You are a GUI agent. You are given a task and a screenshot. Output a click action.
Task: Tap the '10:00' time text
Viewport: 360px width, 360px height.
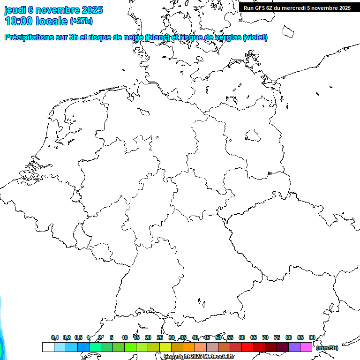click(19, 21)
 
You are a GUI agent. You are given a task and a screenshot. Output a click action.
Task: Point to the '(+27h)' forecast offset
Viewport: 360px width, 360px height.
click(81, 21)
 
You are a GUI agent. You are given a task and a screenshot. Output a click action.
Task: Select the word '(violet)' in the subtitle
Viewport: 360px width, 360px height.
click(255, 37)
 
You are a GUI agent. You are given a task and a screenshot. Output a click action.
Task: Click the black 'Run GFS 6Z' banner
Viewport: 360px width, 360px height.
click(297, 7)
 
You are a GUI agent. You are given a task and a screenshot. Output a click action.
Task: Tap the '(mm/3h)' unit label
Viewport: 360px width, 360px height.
click(327, 348)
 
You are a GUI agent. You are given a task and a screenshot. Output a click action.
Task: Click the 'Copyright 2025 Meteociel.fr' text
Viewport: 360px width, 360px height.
click(199, 357)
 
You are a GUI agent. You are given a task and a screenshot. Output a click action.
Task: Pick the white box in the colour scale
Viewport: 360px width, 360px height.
click(48, 347)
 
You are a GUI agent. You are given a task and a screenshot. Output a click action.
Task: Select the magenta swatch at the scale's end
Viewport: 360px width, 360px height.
click(306, 347)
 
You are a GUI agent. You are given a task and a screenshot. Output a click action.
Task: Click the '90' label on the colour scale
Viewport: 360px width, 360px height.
click(312, 337)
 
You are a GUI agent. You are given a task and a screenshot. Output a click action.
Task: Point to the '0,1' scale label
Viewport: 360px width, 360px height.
click(55, 337)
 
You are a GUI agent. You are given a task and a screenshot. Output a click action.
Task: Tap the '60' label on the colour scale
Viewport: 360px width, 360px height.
click(242, 337)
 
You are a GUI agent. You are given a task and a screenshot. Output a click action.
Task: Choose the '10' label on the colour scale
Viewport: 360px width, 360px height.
click(125, 337)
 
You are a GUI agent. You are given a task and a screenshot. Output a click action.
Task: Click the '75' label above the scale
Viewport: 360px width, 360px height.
click(277, 337)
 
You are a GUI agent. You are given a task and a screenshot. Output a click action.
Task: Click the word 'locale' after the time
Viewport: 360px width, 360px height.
click(52, 21)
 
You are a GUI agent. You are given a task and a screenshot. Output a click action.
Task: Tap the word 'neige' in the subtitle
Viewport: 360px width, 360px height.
click(133, 37)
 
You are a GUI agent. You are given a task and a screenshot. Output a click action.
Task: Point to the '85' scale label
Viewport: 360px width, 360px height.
click(300, 337)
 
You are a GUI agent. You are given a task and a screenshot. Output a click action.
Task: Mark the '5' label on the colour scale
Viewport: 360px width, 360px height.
click(112, 337)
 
